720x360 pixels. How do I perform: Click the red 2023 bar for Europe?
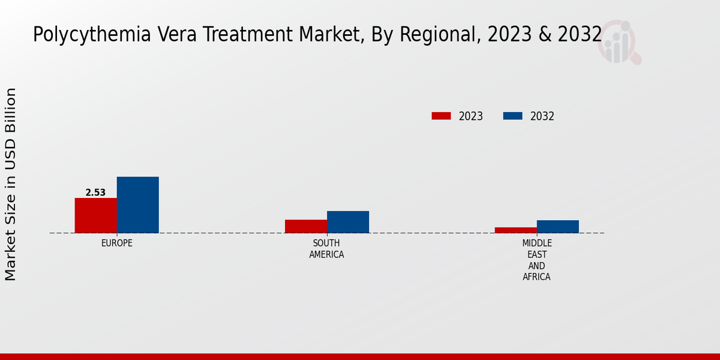(95, 215)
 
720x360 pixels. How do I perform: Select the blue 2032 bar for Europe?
(137, 205)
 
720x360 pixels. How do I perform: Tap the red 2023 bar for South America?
(306, 226)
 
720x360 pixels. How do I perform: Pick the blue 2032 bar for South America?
(348, 222)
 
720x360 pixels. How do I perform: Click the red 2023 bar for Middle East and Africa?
(516, 230)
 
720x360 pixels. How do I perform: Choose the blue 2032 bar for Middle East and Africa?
(558, 226)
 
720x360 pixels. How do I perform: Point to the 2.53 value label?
(95, 193)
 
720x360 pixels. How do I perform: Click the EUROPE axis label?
(117, 243)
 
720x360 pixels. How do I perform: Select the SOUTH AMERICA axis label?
(326, 248)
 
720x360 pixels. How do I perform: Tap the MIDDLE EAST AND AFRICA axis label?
(537, 260)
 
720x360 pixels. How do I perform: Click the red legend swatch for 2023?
(441, 116)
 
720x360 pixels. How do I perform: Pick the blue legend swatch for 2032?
(512, 116)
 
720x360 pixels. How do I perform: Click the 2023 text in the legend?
(471, 116)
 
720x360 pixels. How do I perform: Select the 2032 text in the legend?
(542, 116)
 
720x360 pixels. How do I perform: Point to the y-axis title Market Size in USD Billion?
(11, 184)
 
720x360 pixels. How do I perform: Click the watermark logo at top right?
(620, 42)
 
